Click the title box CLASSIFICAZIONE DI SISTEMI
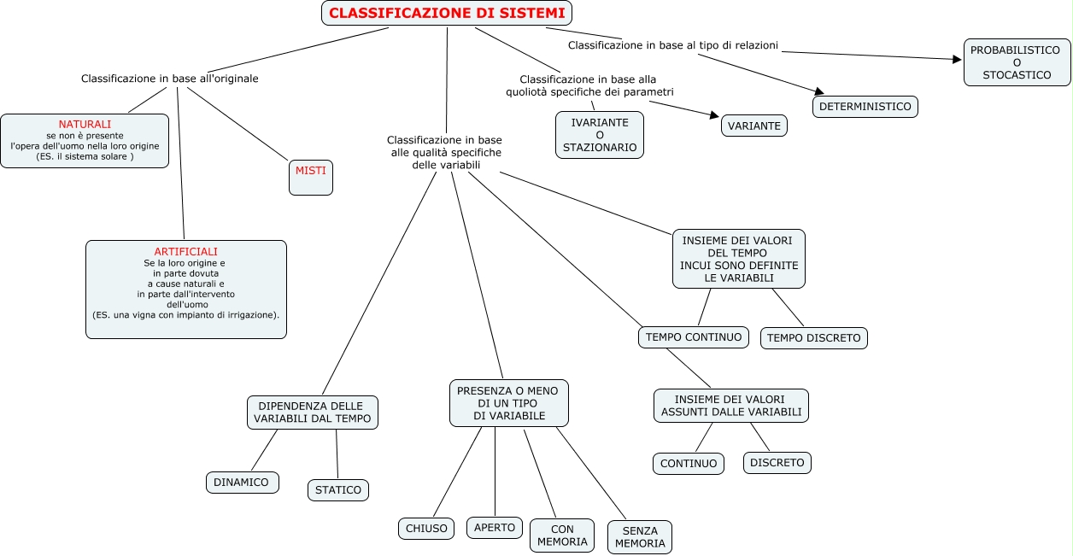pyautogui.click(x=447, y=13)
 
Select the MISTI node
pyautogui.click(x=311, y=177)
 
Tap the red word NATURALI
pyautogui.click(x=85, y=124)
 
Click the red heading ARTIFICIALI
pyautogui.click(x=185, y=252)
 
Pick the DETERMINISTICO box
pyautogui.click(x=865, y=107)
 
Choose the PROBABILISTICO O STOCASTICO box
pyautogui.click(x=1017, y=62)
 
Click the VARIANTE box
pyautogui.click(x=754, y=126)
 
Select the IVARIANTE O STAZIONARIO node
pyautogui.click(x=600, y=135)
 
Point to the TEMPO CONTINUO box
pyautogui.click(x=694, y=337)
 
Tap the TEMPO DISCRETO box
pyautogui.click(x=814, y=338)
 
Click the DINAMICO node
pyautogui.click(x=242, y=483)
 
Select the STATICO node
pyautogui.click(x=338, y=490)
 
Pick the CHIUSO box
pyautogui.click(x=426, y=529)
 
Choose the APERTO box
pyautogui.click(x=495, y=528)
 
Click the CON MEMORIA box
pyautogui.click(x=562, y=536)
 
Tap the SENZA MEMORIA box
pyautogui.click(x=640, y=537)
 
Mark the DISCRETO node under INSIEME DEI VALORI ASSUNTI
pyautogui.click(x=777, y=463)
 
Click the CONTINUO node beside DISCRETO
pyautogui.click(x=689, y=464)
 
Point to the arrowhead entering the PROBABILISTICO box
pyautogui.click(x=958, y=59)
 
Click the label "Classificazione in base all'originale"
pyautogui.click(x=170, y=79)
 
